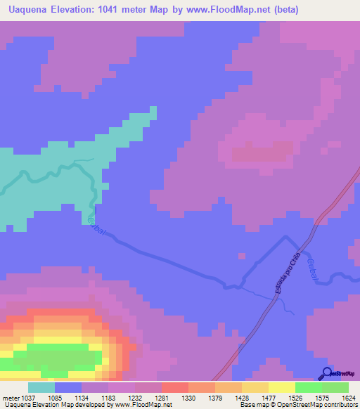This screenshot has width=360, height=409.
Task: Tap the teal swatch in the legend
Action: click(x=41, y=387)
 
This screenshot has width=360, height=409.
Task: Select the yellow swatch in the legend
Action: click(x=281, y=387)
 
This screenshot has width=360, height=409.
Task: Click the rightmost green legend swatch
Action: click(x=335, y=387)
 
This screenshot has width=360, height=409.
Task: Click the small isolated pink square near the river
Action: click(x=242, y=256)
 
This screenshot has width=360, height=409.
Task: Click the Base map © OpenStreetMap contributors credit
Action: click(x=297, y=405)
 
